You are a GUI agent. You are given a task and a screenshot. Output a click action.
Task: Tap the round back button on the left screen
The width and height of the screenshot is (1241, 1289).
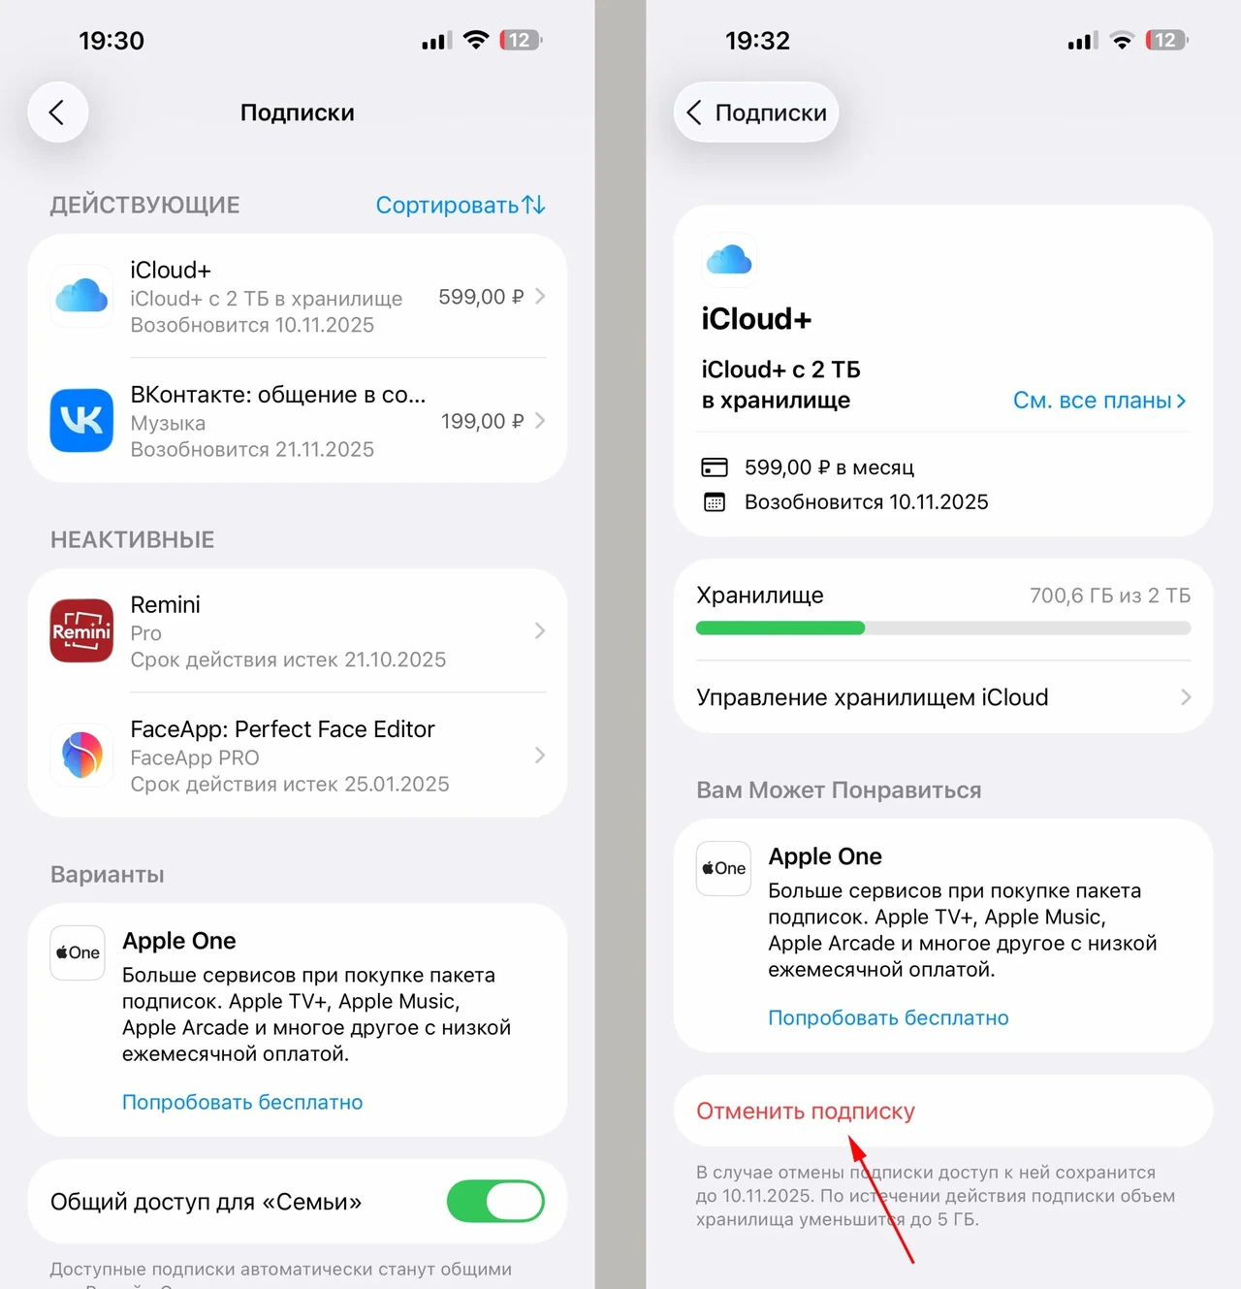57,112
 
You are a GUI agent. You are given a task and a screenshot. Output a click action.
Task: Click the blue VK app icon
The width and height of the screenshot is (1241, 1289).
81,420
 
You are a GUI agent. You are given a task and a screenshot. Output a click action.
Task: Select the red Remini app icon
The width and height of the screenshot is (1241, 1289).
81,629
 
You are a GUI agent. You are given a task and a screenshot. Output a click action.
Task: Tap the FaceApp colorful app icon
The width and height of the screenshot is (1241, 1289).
81,755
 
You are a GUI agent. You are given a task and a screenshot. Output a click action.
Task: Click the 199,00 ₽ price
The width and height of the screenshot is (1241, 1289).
482,421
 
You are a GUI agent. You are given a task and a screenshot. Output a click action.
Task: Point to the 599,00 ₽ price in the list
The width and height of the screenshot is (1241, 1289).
481,296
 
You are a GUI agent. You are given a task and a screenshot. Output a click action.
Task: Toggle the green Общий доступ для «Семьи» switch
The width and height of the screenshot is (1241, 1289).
495,1201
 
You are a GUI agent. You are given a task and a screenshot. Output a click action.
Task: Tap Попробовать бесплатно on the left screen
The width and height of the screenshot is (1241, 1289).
242,1102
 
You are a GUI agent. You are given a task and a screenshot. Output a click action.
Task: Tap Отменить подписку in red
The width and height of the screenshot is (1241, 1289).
806,1111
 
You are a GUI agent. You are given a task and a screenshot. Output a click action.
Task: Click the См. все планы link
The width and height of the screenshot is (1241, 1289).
1099,400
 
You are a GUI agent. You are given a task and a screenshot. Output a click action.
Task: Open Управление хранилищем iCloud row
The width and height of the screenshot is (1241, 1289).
943,696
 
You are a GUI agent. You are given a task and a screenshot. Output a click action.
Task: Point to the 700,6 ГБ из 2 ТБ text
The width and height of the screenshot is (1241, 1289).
1110,596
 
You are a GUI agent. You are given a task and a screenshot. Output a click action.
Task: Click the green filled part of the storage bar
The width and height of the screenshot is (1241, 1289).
780,628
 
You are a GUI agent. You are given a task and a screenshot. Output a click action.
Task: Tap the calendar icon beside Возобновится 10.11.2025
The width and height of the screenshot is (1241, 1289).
714,502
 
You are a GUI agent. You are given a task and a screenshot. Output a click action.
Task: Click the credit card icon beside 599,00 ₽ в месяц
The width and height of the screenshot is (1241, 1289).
714,467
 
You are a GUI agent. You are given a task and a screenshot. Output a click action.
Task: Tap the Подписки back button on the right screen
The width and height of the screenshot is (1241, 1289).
755,112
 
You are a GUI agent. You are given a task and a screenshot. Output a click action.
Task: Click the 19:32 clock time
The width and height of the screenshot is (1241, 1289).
757,41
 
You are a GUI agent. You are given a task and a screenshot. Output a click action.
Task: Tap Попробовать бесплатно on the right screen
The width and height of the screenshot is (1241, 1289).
888,1017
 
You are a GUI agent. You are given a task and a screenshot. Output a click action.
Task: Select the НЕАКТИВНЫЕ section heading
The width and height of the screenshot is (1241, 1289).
133,540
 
